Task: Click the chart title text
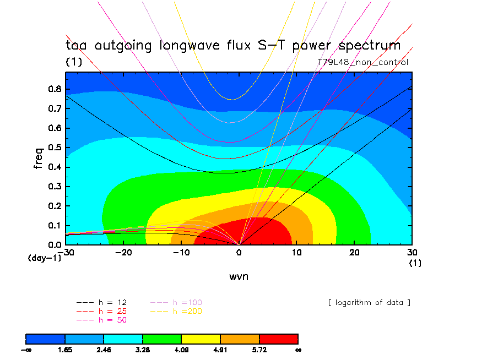coord(233,45)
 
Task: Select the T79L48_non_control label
coord(363,62)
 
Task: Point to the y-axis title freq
coord(38,157)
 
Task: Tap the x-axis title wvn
coord(239,276)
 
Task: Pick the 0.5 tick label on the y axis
coord(54,148)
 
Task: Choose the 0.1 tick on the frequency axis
coord(54,225)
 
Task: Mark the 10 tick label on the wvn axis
coord(297,252)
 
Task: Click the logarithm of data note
coord(369,303)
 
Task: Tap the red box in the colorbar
coord(278,338)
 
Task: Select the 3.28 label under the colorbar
coord(143,349)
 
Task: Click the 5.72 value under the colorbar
coord(259,349)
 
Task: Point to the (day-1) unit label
coord(44,258)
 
